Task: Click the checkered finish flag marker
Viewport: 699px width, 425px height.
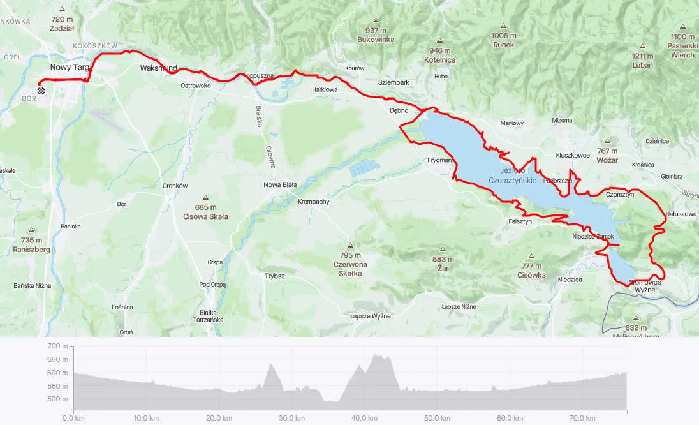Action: (41, 91)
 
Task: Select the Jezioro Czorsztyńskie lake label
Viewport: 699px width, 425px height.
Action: (512, 175)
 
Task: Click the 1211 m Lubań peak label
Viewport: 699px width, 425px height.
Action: (642, 60)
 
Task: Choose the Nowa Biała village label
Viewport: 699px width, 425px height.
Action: (281, 185)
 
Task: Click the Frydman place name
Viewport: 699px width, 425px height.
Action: (440, 161)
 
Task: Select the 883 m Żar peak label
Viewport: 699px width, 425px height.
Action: (442, 264)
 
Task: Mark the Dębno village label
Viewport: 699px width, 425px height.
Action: (399, 110)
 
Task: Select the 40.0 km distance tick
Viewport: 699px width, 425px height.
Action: (364, 418)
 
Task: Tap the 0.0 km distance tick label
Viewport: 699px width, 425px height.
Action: (74, 418)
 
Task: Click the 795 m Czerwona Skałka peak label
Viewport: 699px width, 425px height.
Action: (350, 264)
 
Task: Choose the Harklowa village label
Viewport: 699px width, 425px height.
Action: (324, 90)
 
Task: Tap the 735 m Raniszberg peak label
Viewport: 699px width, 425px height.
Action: (31, 245)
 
